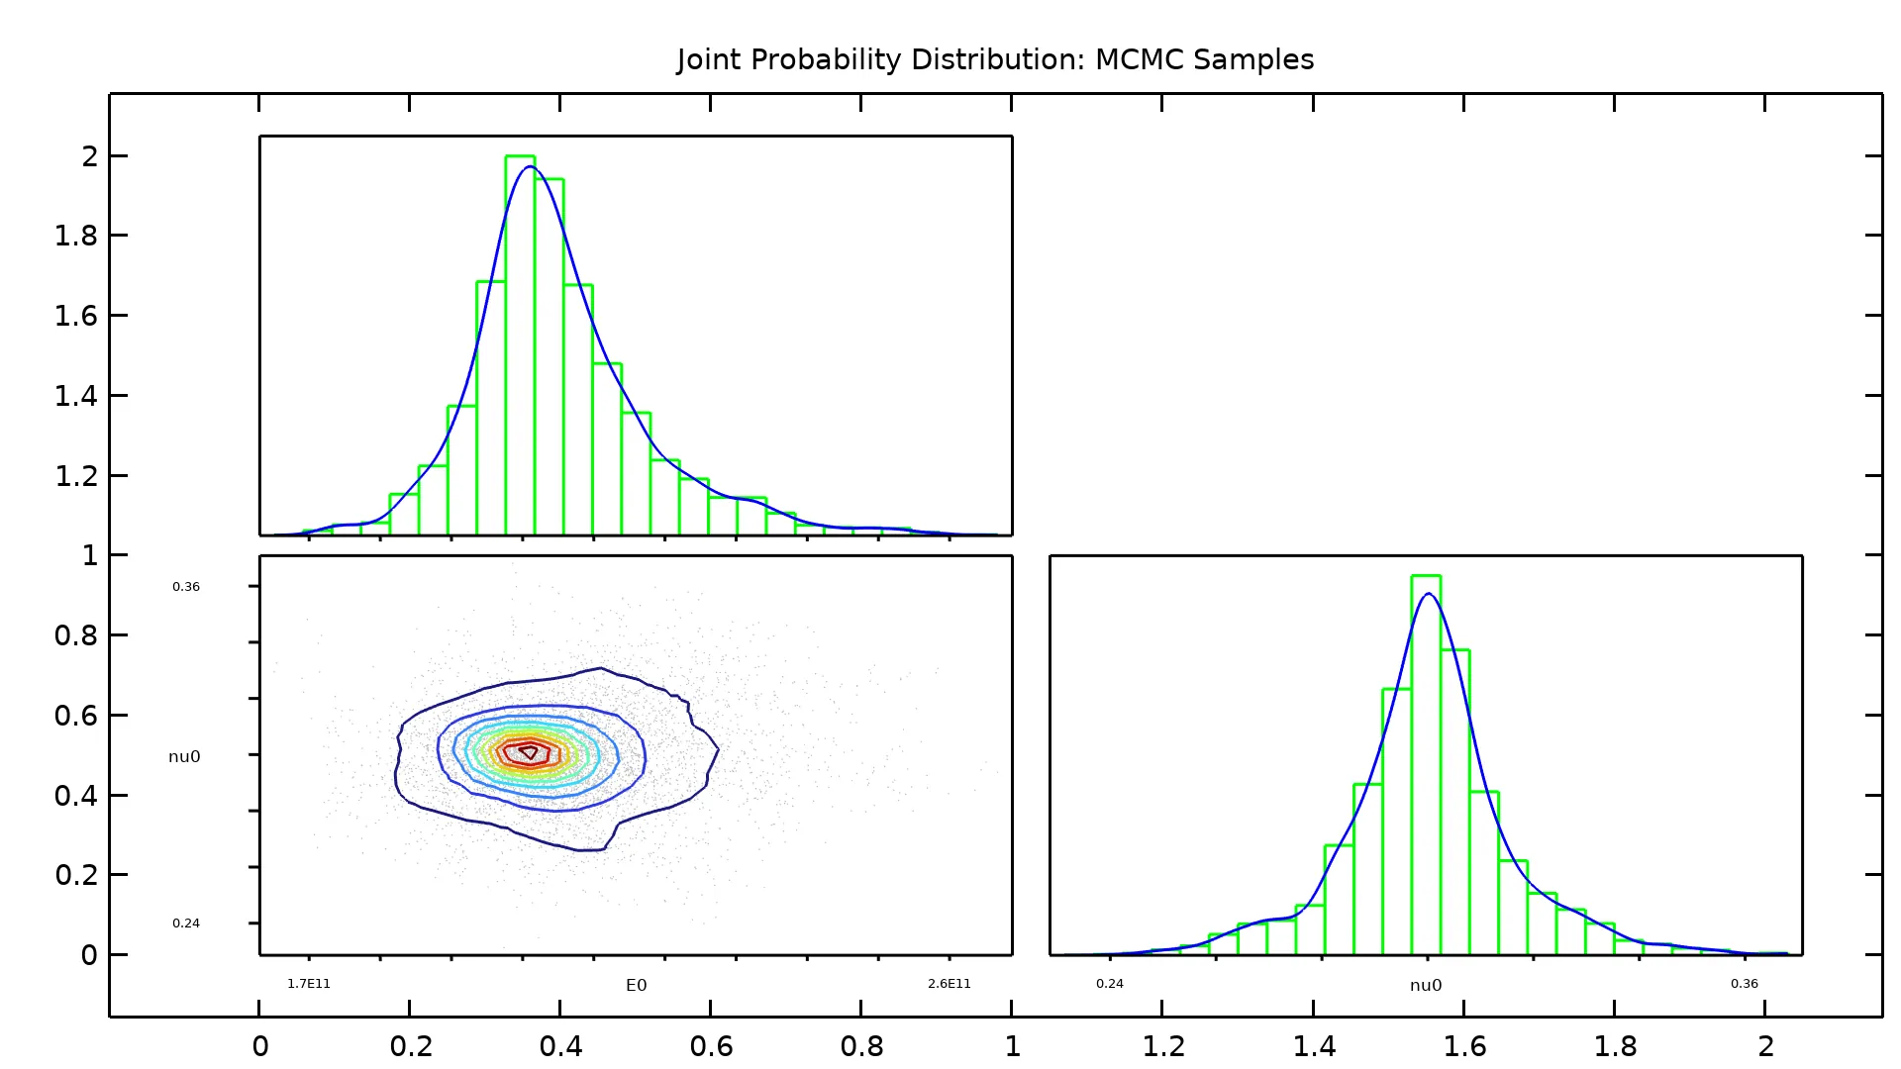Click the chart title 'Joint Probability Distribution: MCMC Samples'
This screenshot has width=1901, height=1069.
(995, 59)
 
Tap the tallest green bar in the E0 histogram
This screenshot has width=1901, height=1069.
(520, 346)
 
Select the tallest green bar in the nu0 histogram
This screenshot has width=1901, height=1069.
(1426, 762)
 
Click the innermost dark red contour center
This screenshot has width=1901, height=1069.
(529, 752)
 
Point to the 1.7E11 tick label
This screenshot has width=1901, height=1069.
(309, 984)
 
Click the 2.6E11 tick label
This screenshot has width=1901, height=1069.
(950, 984)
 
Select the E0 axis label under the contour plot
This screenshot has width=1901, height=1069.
(636, 985)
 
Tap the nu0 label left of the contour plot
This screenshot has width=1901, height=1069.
(184, 757)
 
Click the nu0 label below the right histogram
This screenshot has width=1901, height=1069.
(1426, 985)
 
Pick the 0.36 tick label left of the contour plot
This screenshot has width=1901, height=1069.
(186, 587)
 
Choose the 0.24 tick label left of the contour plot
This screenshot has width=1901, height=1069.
(186, 923)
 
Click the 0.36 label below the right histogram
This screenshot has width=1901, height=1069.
(1745, 984)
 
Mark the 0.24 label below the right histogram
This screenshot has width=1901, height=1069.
(1110, 984)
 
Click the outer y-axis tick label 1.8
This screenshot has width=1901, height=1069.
(76, 236)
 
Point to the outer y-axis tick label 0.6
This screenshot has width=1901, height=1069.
(76, 716)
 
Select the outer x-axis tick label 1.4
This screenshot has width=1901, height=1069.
(1314, 1046)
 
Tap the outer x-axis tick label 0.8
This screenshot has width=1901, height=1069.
(861, 1046)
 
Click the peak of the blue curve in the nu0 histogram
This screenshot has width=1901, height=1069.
(1428, 594)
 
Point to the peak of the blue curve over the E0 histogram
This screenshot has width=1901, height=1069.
(530, 166)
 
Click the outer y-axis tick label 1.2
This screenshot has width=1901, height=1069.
(76, 476)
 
